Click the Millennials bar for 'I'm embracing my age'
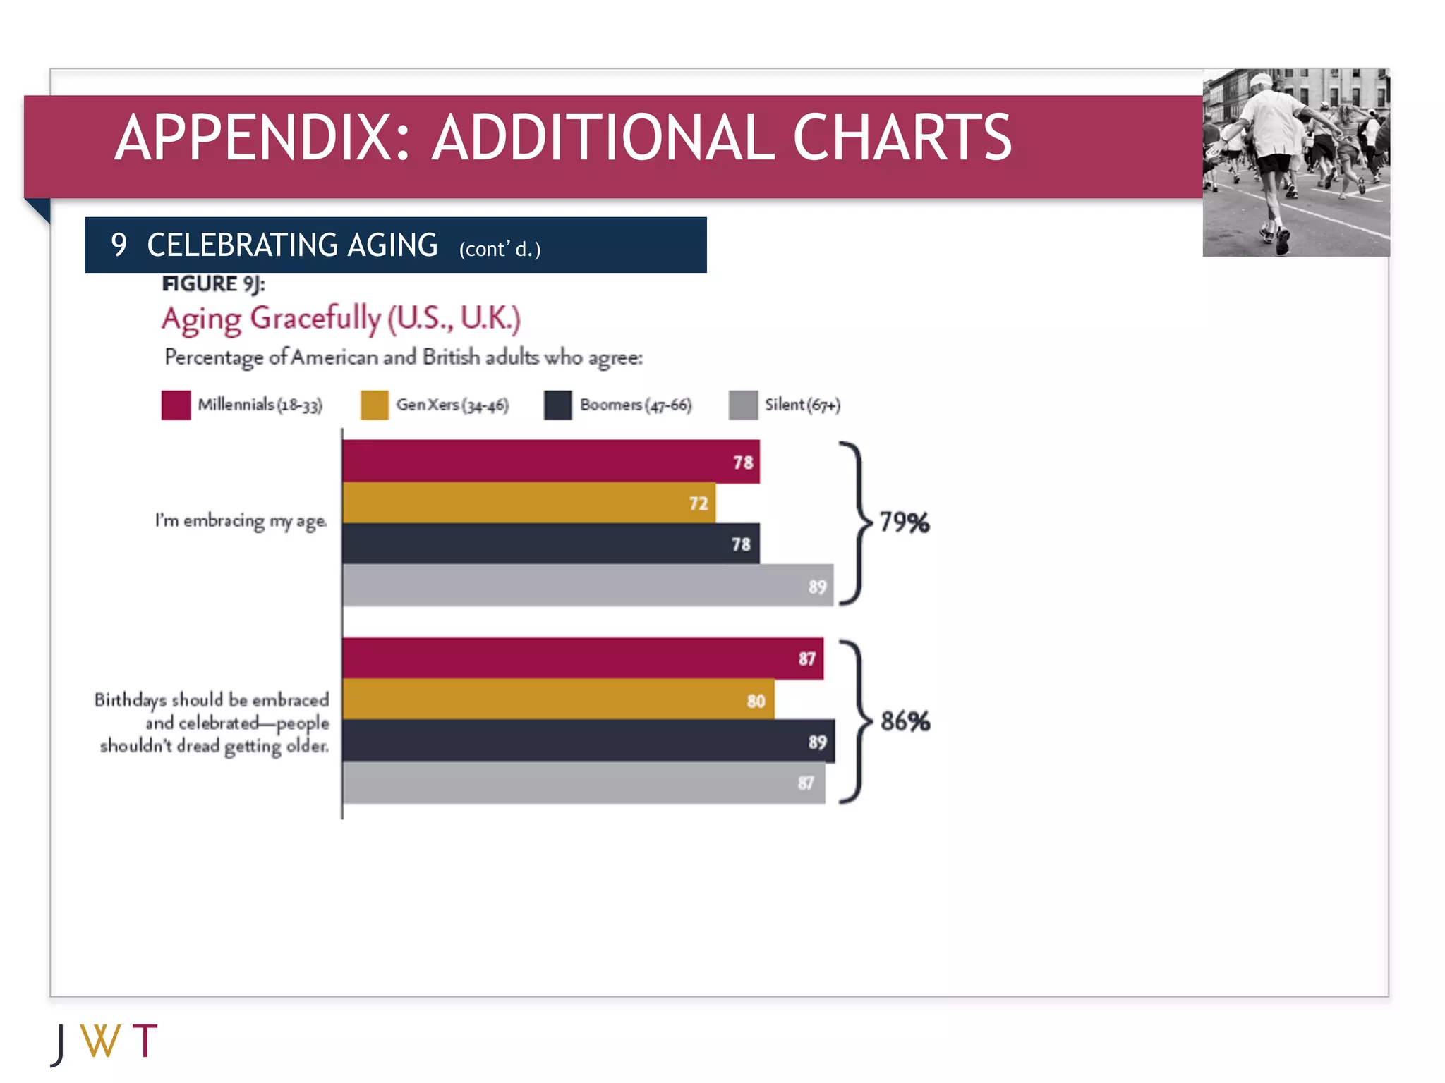(550, 462)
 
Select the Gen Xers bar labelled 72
(529, 503)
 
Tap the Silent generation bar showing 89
(588, 585)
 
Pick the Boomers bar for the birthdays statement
(588, 741)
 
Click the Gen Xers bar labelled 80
(557, 699)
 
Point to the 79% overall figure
(905, 522)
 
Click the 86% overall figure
(905, 721)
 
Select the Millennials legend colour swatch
(176, 405)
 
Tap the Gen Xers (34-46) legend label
(452, 405)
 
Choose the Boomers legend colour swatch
(557, 405)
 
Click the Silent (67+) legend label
(802, 405)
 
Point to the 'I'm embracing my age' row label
(241, 521)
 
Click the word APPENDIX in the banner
(262, 137)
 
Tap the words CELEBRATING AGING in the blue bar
(292, 245)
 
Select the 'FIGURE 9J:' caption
(213, 283)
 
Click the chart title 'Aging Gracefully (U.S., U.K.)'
(341, 319)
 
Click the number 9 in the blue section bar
(119, 245)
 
